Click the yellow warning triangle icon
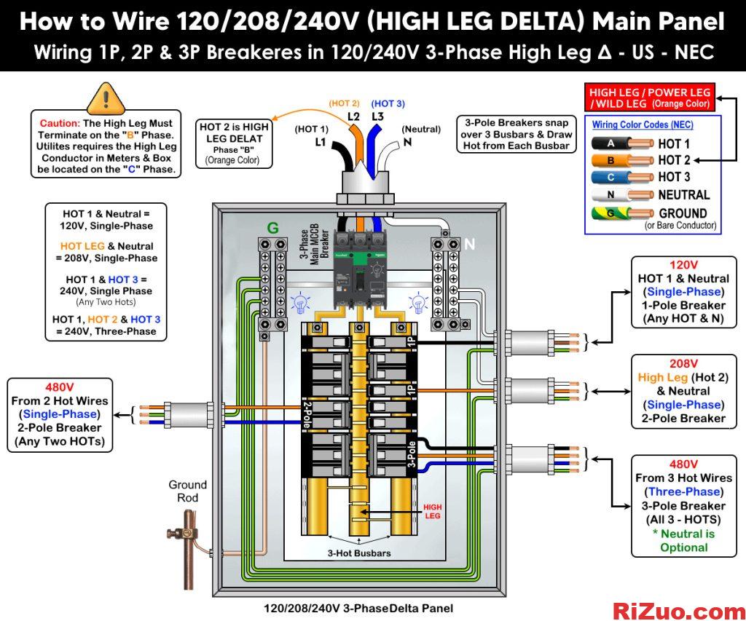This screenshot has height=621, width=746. point(106,98)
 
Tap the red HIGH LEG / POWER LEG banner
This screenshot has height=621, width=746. point(649,98)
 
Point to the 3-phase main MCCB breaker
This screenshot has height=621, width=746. point(359,269)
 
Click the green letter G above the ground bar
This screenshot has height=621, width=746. point(272,229)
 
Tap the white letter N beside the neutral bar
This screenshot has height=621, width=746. point(470,245)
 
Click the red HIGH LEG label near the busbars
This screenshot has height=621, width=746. point(433,511)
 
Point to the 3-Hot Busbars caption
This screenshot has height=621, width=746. point(359,553)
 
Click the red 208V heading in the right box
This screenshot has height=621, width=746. point(683,364)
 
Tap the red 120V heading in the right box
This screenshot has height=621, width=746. point(683,265)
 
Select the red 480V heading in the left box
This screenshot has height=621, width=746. point(60,387)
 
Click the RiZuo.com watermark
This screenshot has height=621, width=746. point(679,611)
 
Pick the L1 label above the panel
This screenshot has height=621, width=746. point(321,142)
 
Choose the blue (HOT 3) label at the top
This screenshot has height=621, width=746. point(388,103)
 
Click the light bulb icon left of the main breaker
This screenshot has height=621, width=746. point(300,304)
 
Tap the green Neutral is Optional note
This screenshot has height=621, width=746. point(683,541)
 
